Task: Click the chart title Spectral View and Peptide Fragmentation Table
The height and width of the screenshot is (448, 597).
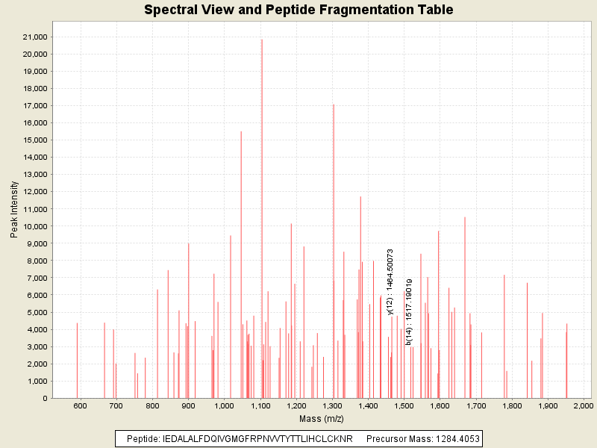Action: tap(298, 10)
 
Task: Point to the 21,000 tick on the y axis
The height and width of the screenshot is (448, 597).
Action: tap(34, 37)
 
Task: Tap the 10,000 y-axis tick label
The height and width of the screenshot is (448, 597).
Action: tap(34, 226)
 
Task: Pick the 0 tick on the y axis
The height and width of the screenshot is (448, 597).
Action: tap(46, 398)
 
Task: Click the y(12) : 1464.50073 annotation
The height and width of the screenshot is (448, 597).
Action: tap(390, 281)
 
